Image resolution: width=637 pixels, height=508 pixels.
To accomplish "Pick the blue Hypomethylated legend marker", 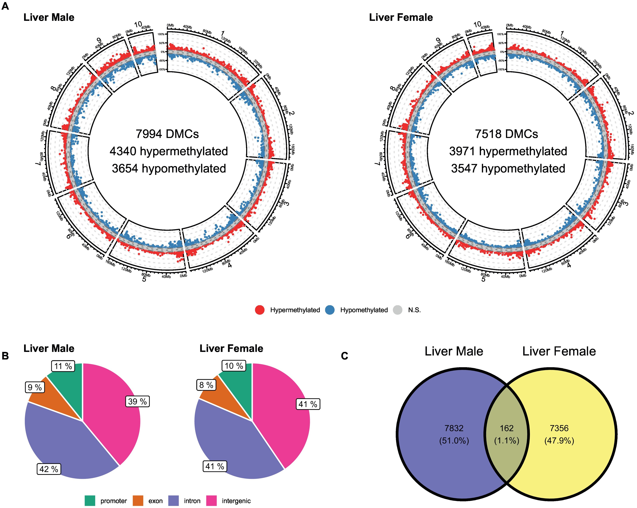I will (x=330, y=310).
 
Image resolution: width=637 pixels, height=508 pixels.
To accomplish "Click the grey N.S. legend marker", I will (x=398, y=310).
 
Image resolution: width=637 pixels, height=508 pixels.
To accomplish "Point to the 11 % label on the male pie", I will (x=63, y=366).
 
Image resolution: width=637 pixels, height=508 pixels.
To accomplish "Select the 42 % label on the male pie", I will (x=49, y=469).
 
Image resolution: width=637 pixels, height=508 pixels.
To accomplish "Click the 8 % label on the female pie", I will (x=206, y=385).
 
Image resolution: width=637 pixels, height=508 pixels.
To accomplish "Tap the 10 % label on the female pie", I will (x=234, y=366).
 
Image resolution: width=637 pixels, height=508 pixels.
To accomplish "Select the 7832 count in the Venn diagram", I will (x=454, y=428).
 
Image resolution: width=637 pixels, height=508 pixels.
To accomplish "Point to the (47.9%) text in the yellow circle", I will (x=559, y=441).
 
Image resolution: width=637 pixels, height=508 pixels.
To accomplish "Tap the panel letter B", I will (x=5, y=356).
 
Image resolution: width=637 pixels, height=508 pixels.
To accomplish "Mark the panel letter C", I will (x=344, y=356).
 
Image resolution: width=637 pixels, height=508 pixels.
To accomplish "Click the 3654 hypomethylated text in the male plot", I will (x=169, y=168).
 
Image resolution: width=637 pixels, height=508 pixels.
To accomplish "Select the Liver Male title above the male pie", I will (x=49, y=349).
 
